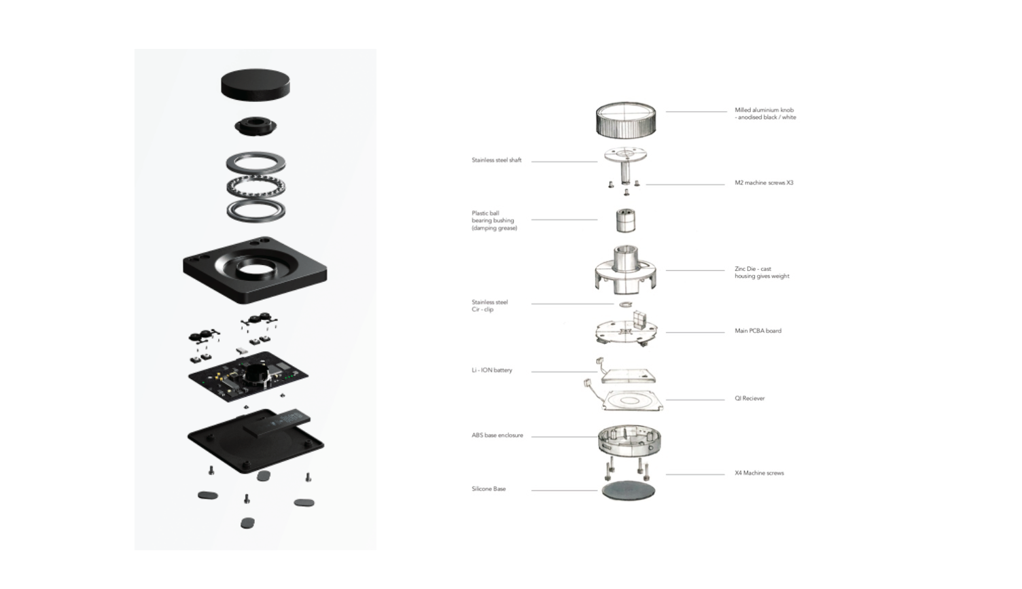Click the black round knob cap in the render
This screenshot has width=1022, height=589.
click(x=255, y=84)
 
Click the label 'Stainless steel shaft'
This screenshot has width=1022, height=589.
click(x=497, y=160)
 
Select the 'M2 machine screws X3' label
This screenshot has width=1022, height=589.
click(x=764, y=183)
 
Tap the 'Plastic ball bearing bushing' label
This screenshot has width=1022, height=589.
click(x=494, y=221)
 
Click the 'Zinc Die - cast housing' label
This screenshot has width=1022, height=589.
click(x=762, y=272)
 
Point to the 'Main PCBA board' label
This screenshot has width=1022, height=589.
click(x=758, y=331)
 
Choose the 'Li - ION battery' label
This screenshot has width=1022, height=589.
click(x=492, y=370)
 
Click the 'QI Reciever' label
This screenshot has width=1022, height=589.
click(x=750, y=399)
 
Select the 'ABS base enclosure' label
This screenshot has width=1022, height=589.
click(x=497, y=435)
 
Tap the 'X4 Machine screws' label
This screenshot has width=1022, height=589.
click(x=759, y=474)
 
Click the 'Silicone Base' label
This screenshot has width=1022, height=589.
click(x=489, y=489)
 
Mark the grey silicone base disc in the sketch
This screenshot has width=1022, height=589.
click(x=629, y=490)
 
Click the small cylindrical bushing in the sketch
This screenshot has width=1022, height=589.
click(x=625, y=220)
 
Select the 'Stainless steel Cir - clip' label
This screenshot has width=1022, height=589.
click(x=489, y=306)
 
